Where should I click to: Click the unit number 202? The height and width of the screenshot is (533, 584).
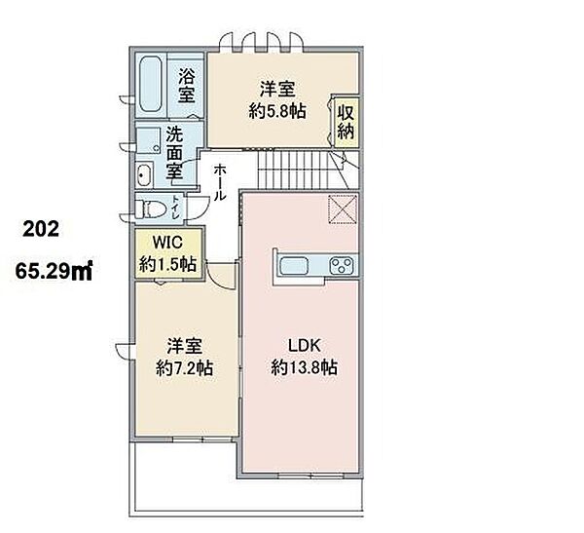41,229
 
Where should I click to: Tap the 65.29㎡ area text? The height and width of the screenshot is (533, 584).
54,271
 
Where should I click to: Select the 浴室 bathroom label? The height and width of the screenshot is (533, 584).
186,85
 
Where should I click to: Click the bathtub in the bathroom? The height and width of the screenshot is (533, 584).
151,85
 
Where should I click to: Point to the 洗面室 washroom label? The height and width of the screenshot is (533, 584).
174,153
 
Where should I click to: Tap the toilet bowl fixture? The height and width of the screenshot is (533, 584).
150,209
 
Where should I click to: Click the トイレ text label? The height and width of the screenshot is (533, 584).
174,209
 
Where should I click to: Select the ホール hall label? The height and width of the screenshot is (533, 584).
220,182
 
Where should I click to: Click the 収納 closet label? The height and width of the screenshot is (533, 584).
346,122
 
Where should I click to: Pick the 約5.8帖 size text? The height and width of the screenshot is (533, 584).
277,111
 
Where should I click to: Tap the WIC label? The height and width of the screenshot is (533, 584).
167,243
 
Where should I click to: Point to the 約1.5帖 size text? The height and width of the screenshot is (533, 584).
168,264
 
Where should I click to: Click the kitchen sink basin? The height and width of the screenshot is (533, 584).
294,266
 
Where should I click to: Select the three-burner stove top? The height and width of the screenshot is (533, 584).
343,266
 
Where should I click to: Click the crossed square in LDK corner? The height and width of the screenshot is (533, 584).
343,209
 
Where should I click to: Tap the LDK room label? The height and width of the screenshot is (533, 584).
305,346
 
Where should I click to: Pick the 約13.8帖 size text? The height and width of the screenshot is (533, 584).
305,367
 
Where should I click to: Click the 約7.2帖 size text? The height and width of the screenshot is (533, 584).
184,368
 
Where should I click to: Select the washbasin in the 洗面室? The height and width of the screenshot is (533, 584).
144,175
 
